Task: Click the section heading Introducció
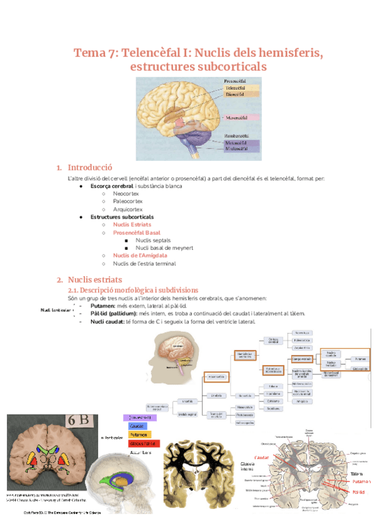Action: [x=89, y=168]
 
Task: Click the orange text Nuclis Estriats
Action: [x=132, y=224]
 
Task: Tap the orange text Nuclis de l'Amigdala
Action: [x=140, y=255]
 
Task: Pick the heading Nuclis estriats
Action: [x=94, y=279]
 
